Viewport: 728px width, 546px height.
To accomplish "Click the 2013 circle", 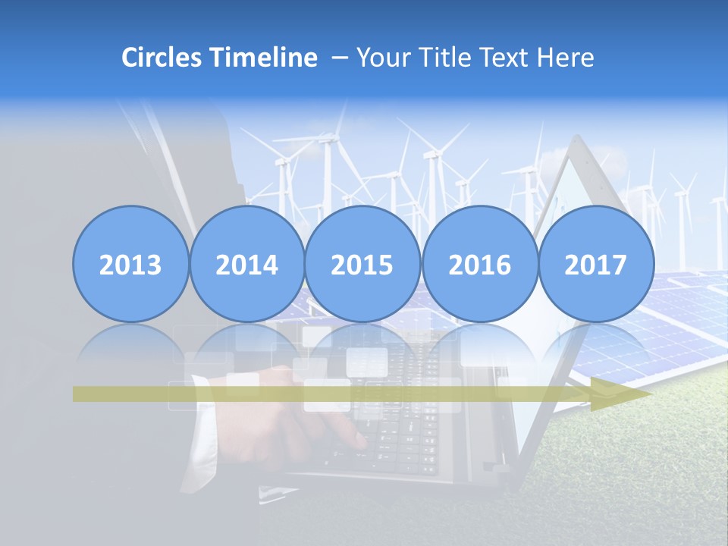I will pyautogui.click(x=130, y=265).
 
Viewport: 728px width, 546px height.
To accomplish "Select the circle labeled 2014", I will pyautogui.click(x=246, y=265).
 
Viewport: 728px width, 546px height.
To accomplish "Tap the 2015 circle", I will pyautogui.click(x=362, y=265).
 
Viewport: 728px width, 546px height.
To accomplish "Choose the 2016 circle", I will pyautogui.click(x=479, y=265).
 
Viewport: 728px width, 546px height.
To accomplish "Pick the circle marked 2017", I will pyautogui.click(x=595, y=265).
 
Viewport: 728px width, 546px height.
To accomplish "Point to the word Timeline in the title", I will pyautogui.click(x=265, y=58).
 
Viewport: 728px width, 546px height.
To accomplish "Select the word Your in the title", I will pyautogui.click(x=381, y=58).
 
